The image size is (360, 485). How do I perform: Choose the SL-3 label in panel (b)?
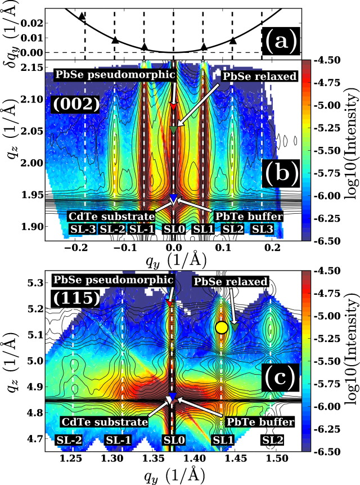click(84, 229)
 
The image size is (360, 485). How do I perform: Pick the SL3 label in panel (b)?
click(263, 229)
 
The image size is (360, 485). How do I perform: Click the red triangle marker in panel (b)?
click(173, 106)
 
